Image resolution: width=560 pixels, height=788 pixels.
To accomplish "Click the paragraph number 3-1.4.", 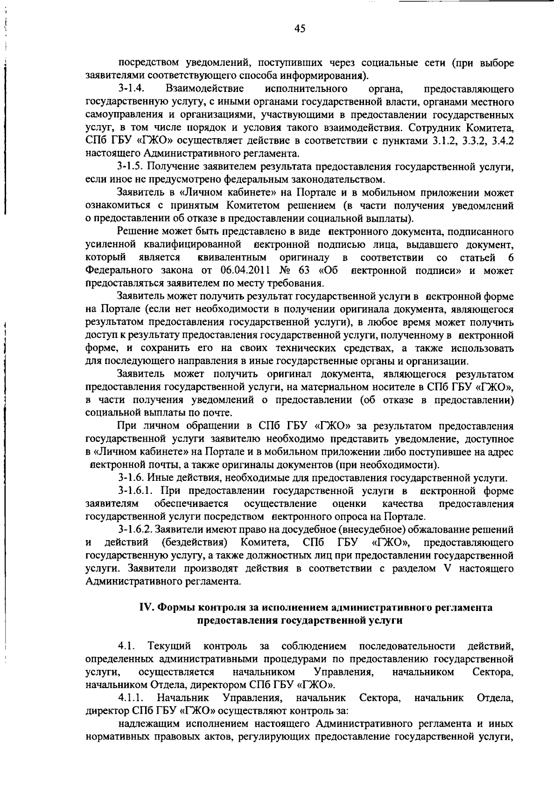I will (131, 89).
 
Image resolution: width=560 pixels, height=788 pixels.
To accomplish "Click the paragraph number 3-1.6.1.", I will (136, 491).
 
